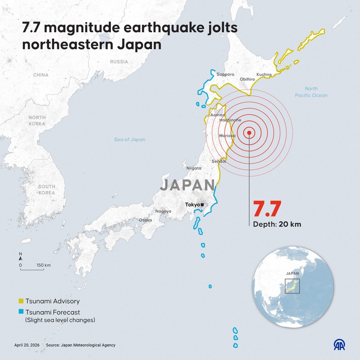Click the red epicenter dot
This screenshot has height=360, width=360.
point(249,133)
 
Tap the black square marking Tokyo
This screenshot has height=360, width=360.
point(202,205)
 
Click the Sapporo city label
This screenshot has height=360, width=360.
point(225,75)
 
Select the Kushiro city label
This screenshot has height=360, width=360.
point(264,75)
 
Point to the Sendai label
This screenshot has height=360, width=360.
point(219,161)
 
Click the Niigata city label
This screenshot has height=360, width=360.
point(194,168)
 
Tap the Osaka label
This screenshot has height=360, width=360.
point(145,220)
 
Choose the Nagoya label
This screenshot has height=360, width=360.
point(163,211)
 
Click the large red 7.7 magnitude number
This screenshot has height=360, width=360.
point(267,208)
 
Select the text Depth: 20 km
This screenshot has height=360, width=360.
point(277,224)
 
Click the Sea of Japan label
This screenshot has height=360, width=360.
point(130,139)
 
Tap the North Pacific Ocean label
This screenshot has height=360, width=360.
point(311,92)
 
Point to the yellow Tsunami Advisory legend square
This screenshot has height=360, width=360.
point(21,302)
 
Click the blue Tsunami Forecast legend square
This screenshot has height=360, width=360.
point(21,312)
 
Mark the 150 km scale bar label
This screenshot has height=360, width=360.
point(44,265)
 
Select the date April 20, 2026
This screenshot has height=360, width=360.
point(26,345)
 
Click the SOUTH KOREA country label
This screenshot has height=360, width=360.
point(47,190)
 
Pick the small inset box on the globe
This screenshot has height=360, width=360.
point(292,286)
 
